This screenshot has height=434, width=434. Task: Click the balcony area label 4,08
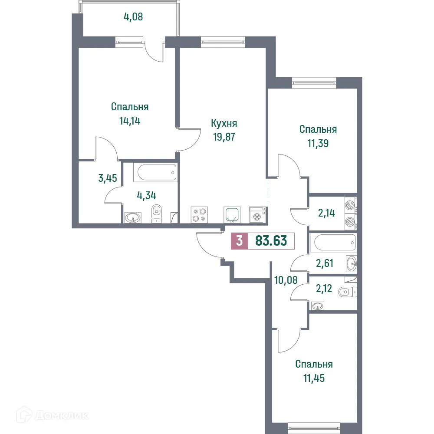pyautogui.click(x=133, y=17)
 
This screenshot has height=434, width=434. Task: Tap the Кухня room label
pyautogui.click(x=224, y=123)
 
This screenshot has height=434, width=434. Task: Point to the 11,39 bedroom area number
pyautogui.click(x=318, y=143)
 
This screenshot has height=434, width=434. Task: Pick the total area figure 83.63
pyautogui.click(x=271, y=241)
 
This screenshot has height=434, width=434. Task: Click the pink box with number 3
pyautogui.click(x=239, y=241)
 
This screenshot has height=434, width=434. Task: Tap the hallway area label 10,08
pyautogui.click(x=286, y=279)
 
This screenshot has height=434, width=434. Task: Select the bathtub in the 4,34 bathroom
pyautogui.click(x=155, y=173)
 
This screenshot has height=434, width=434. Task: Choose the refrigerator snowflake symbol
pyautogui.click(x=258, y=216)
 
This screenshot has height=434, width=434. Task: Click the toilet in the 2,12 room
pyautogui.click(x=346, y=292)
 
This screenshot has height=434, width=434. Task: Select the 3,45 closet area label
pyautogui.click(x=108, y=178)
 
